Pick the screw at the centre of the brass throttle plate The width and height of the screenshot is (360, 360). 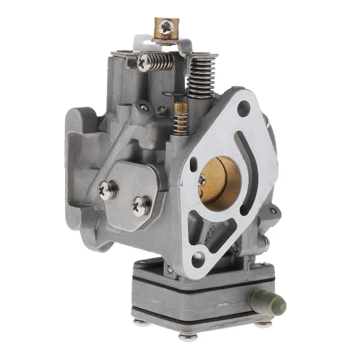[203, 181]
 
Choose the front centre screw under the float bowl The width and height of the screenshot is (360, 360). [188, 336]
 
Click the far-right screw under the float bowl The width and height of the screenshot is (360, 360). [264, 323]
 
